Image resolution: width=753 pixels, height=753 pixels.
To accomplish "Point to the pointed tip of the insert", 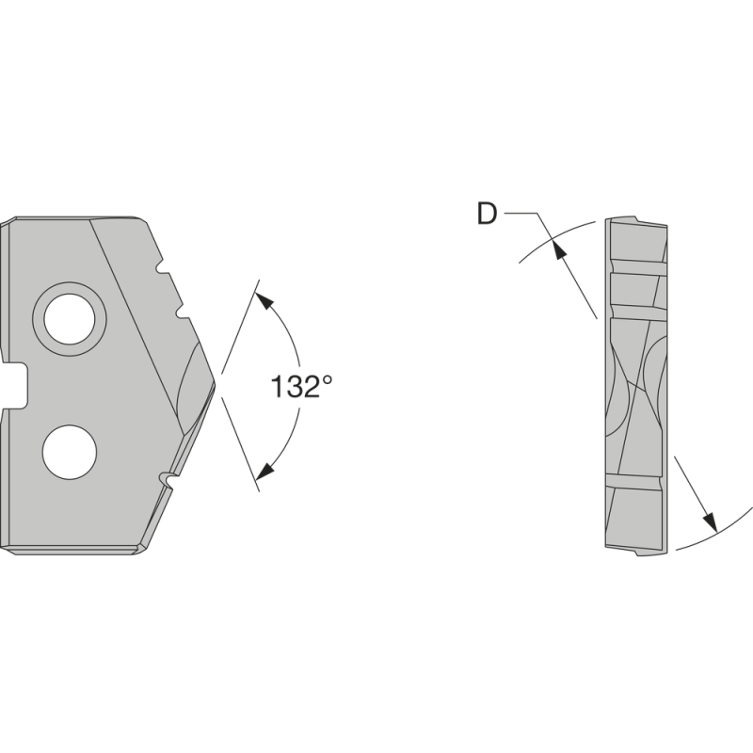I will tap(215, 380).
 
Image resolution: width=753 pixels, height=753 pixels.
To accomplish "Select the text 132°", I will tap(301, 386).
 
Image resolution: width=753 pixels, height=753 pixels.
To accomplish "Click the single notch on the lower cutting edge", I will tap(169, 480).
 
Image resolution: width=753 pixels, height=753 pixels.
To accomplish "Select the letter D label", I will tap(487, 215).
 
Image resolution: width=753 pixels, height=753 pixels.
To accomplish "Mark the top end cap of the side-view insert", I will tap(636, 222).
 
